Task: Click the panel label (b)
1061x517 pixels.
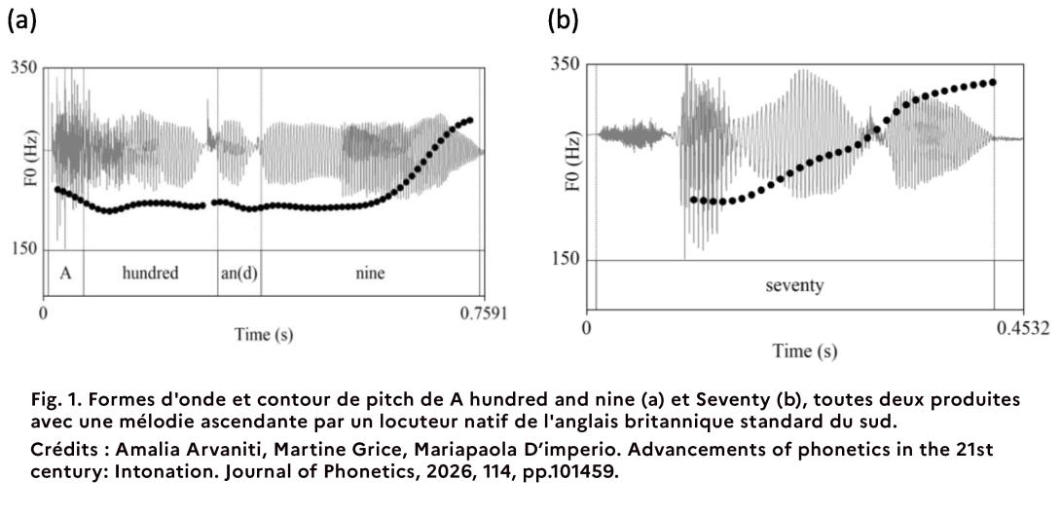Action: pyautogui.click(x=563, y=19)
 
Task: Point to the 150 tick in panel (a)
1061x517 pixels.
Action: pyautogui.click(x=24, y=249)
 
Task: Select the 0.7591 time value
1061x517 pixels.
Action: pyautogui.click(x=484, y=314)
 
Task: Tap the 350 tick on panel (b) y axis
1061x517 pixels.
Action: pyautogui.click(x=566, y=64)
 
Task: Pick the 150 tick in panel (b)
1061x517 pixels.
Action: pyautogui.click(x=566, y=259)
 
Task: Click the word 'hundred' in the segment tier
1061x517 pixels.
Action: pyautogui.click(x=150, y=274)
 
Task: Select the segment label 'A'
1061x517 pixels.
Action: pyautogui.click(x=65, y=274)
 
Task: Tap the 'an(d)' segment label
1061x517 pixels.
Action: pyautogui.click(x=238, y=274)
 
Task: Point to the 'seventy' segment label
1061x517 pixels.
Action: pyautogui.click(x=795, y=286)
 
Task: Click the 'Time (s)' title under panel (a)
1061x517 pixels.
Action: pyautogui.click(x=263, y=335)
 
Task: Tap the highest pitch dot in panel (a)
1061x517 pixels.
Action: pyautogui.click(x=470, y=120)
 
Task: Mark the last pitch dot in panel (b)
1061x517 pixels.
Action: pyautogui.click(x=993, y=82)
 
